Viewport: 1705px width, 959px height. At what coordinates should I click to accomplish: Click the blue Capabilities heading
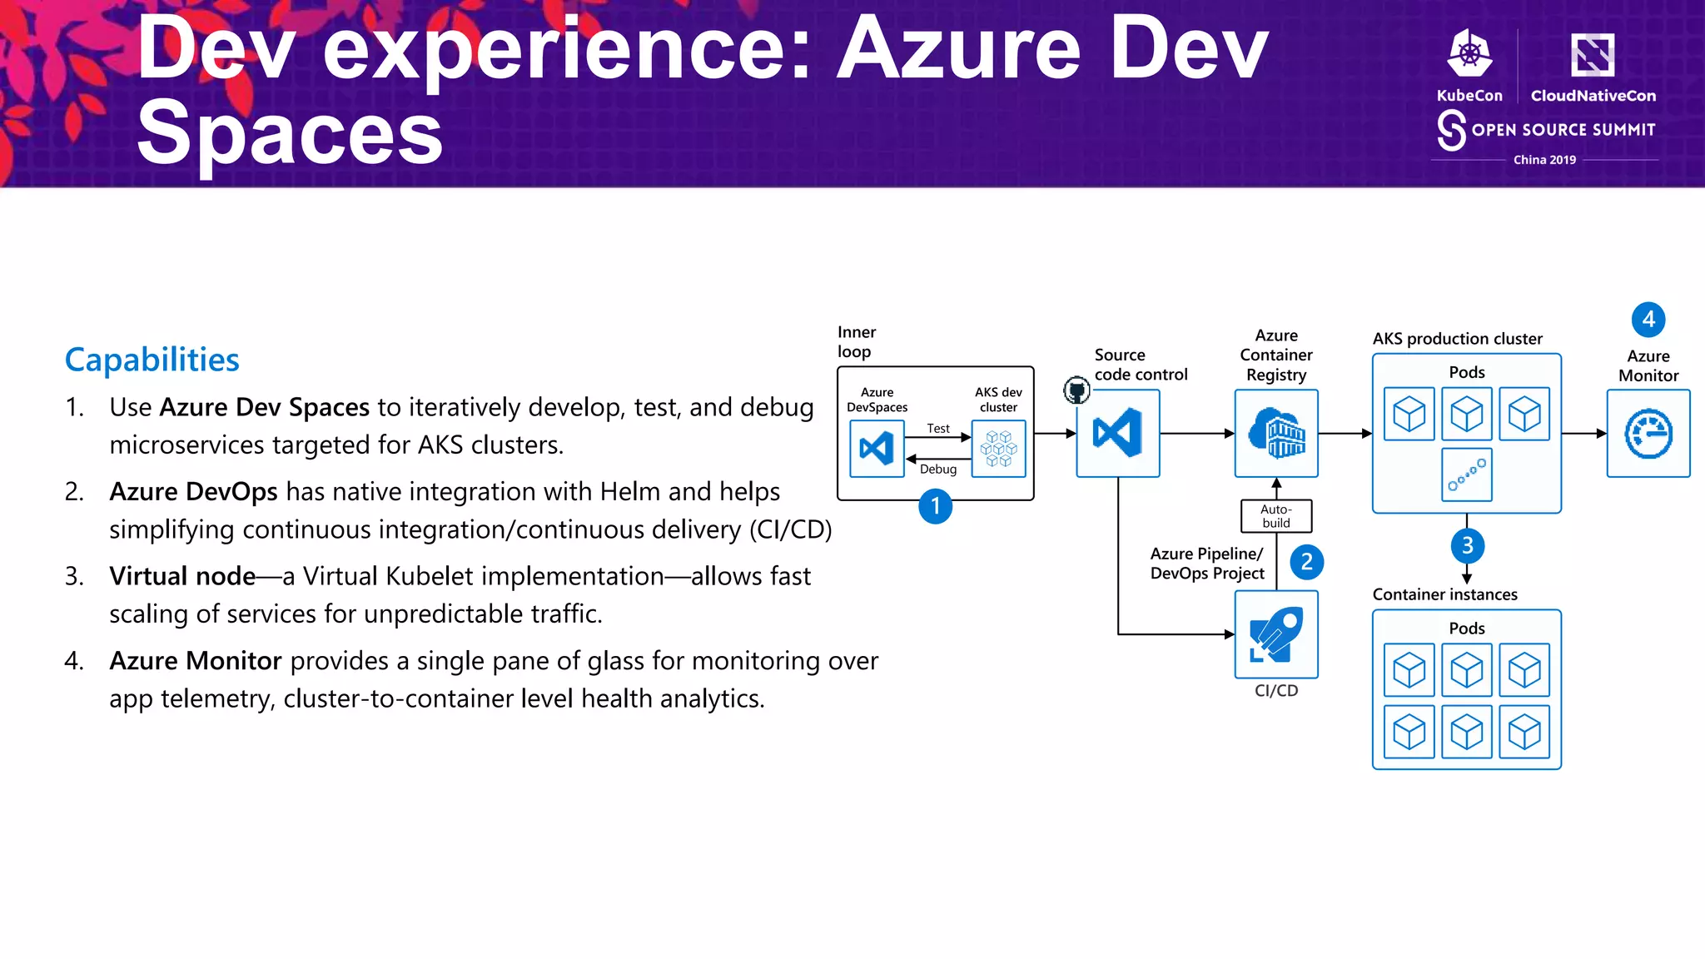[152, 360]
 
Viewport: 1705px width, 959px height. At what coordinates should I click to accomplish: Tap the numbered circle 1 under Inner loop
[935, 506]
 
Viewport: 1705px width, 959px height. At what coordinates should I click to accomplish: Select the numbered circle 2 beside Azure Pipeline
[1306, 562]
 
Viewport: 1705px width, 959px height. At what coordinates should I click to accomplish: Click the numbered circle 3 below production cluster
[1467, 545]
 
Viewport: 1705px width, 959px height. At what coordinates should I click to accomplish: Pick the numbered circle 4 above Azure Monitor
[1648, 319]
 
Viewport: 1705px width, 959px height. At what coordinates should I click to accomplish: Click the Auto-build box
[1275, 516]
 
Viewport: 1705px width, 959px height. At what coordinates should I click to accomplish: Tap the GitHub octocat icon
[1076, 390]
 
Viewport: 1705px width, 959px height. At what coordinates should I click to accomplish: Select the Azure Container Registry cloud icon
[1276, 433]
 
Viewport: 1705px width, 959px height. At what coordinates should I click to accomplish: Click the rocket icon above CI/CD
[1276, 634]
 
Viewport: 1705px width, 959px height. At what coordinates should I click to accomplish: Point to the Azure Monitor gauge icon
[1648, 434]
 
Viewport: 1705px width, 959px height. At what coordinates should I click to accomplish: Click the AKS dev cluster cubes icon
[998, 449]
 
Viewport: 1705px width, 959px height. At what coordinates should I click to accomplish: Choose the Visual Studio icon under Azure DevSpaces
[877, 449]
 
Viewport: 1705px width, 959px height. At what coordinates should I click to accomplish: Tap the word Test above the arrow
[937, 428]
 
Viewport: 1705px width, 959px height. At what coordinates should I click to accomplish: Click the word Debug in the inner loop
[937, 470]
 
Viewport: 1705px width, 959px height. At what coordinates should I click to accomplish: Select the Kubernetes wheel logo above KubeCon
[1469, 54]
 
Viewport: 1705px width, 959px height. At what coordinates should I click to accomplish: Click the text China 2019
[1544, 160]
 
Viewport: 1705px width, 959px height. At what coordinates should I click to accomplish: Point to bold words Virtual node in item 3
[182, 576]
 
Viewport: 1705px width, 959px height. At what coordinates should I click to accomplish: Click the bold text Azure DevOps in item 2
[193, 492]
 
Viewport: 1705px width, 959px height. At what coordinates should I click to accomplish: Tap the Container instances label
[1444, 594]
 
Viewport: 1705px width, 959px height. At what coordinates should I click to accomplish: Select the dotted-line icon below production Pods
[1466, 475]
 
